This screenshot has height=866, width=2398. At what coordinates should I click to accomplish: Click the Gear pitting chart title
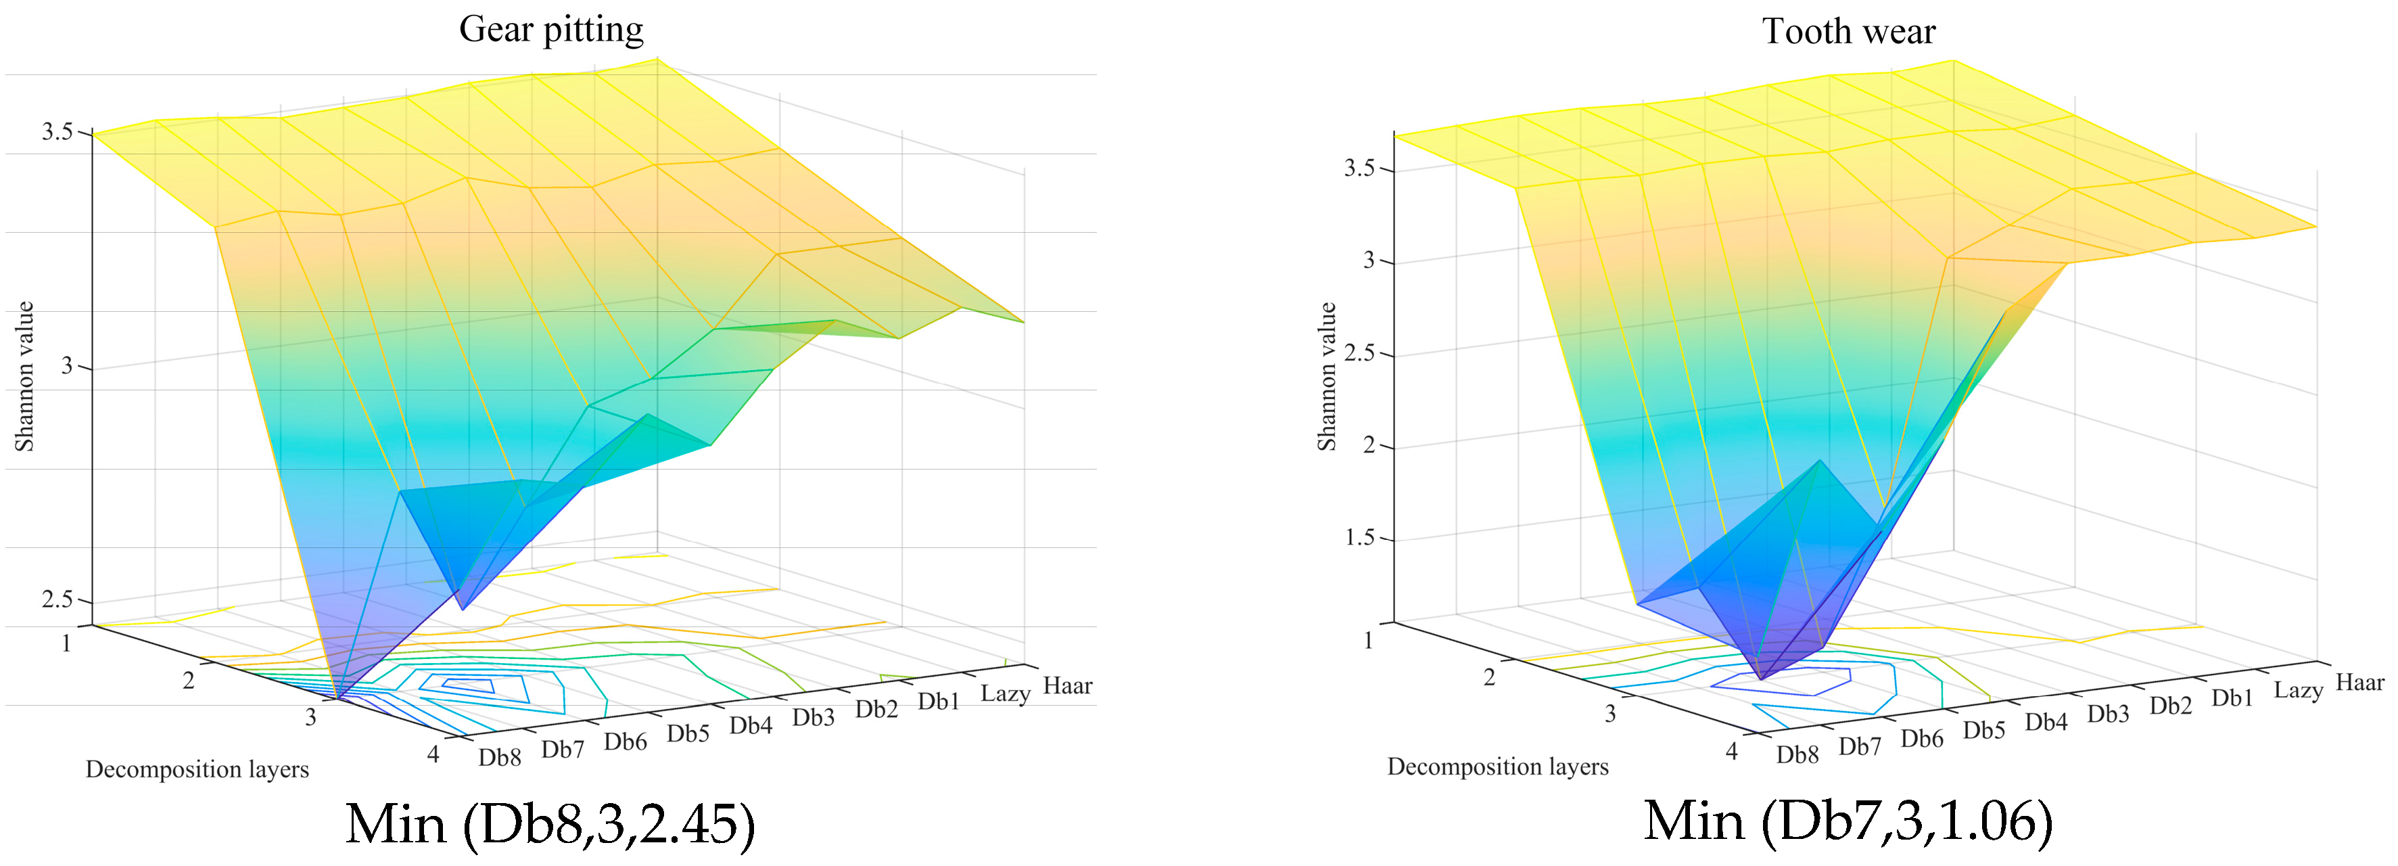[x=550, y=30]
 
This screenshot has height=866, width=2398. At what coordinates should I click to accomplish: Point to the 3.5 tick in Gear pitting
[x=57, y=132]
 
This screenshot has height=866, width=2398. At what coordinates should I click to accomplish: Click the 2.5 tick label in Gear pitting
[x=57, y=599]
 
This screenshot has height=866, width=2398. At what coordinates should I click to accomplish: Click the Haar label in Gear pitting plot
[x=1067, y=686]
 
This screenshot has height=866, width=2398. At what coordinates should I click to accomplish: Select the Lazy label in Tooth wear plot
[x=2297, y=690]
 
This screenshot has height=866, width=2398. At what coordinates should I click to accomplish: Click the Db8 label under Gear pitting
[x=500, y=757]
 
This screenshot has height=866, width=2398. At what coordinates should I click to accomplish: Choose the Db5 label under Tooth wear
[x=1983, y=730]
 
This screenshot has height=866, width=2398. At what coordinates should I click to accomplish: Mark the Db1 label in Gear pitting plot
[x=939, y=701]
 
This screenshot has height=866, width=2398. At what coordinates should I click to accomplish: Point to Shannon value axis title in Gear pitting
[x=24, y=376]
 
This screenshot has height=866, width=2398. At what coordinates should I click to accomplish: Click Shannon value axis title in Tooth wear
[x=1327, y=376]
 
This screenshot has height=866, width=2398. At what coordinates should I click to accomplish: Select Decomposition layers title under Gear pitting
[x=197, y=769]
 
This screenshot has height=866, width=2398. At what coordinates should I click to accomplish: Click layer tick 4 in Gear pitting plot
[x=433, y=754]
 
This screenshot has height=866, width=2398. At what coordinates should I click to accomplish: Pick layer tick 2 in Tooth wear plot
[x=1489, y=677]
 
